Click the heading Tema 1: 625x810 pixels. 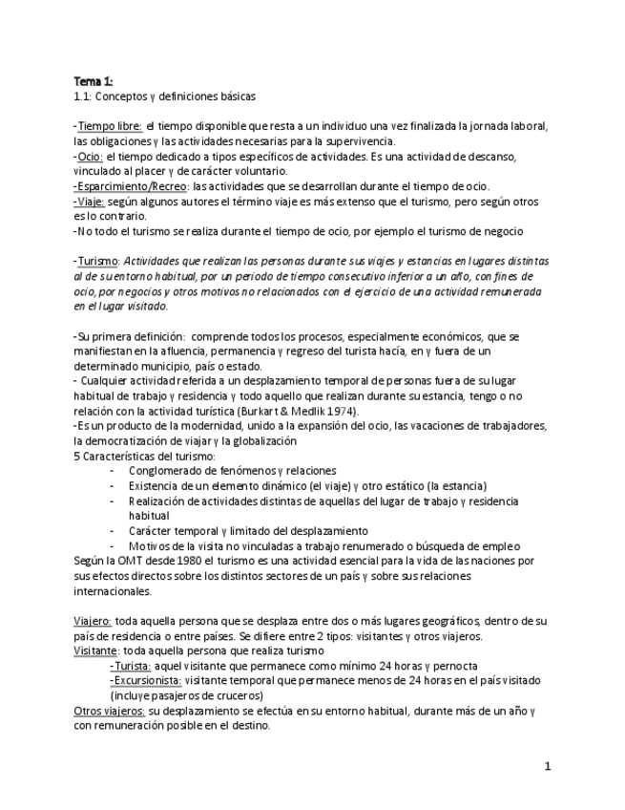coord(93,81)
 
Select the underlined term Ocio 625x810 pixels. coord(91,157)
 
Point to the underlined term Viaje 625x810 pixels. coord(91,202)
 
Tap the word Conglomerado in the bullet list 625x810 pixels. coord(168,470)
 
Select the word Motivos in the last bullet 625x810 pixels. coord(150,545)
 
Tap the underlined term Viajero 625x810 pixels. coord(93,620)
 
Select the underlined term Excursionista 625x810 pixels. coord(147,680)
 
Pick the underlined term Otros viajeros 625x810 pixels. coord(110,710)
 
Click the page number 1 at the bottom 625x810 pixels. coord(548,766)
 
